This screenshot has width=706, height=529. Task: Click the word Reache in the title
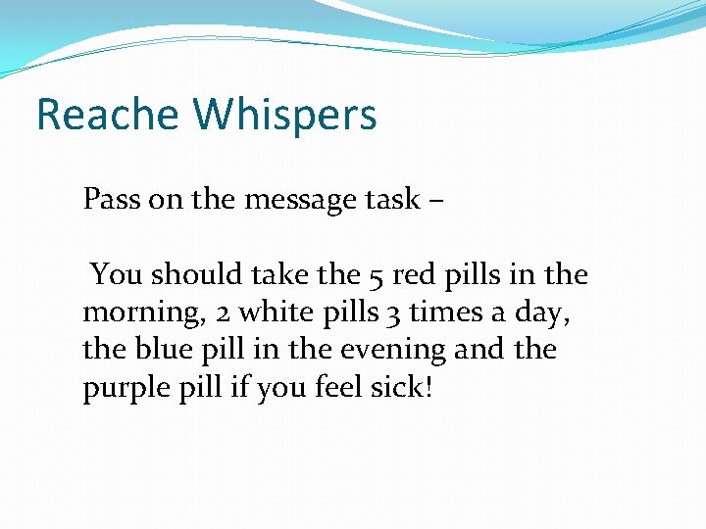click(x=108, y=115)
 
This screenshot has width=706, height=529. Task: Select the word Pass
click(x=111, y=200)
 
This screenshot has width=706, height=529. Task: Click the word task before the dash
click(x=394, y=200)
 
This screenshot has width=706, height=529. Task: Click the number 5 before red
click(x=378, y=276)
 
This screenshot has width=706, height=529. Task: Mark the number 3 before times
click(x=389, y=313)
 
